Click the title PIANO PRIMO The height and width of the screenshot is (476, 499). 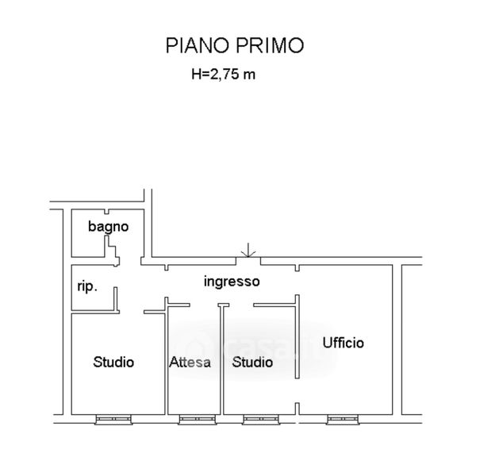(x=235, y=45)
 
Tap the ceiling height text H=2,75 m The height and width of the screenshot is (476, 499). (x=224, y=74)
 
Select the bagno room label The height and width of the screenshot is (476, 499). (x=108, y=227)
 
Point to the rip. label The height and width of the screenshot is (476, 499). (x=87, y=286)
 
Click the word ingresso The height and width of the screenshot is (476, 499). (x=232, y=282)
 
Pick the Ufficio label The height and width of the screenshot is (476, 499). (x=343, y=343)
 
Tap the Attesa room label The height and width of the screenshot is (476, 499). (x=190, y=362)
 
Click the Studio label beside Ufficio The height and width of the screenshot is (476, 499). (x=252, y=362)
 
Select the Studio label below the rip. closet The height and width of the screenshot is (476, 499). (x=113, y=362)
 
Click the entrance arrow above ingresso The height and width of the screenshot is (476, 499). (x=248, y=250)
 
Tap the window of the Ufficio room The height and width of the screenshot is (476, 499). (x=343, y=420)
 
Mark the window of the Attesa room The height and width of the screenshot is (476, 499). (x=198, y=420)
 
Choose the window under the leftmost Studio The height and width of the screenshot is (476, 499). (x=113, y=420)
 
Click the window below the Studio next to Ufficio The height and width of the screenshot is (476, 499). (x=261, y=420)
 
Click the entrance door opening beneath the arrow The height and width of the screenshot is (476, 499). (x=248, y=261)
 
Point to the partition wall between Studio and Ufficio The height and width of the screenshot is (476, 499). (x=297, y=336)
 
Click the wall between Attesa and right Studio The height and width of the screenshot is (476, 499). (x=222, y=359)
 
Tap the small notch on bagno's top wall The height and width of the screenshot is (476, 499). (x=106, y=212)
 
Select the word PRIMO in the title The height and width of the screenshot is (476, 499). (x=270, y=45)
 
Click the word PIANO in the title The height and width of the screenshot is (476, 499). (x=198, y=45)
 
